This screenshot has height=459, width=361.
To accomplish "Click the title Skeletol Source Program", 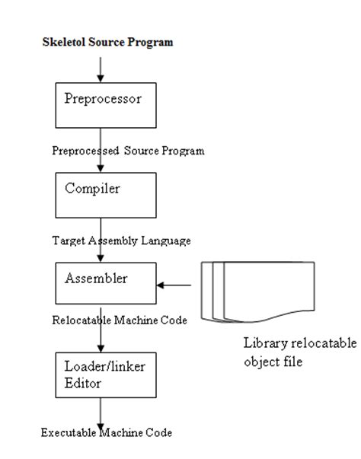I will pyautogui.click(x=107, y=42).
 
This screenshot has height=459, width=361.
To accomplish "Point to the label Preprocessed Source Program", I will pyautogui.click(x=128, y=151).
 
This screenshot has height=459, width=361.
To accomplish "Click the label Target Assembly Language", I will pyautogui.click(x=120, y=240).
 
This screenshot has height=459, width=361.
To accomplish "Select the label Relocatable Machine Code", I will pyautogui.click(x=120, y=320).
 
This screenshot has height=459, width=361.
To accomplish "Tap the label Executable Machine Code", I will pyautogui.click(x=107, y=432).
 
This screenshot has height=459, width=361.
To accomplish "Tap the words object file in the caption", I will pyautogui.click(x=273, y=362).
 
